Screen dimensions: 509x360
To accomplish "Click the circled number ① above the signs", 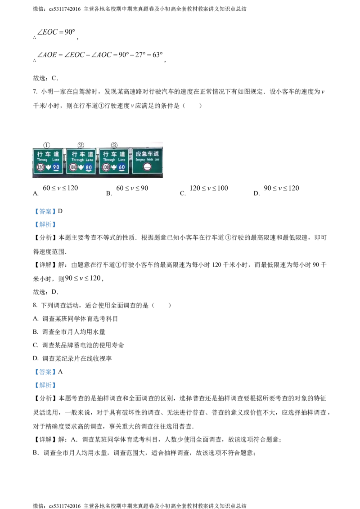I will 46,145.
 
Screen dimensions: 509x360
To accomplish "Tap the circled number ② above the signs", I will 81,145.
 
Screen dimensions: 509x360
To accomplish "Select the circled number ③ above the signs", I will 114,145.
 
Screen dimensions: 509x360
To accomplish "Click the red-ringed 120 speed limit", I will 40,167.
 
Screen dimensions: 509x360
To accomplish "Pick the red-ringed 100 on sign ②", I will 73,167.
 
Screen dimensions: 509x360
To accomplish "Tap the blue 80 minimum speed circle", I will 89,167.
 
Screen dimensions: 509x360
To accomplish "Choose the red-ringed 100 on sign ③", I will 106,167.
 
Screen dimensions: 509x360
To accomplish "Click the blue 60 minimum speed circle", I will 121,167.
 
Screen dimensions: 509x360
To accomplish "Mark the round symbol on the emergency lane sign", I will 147,166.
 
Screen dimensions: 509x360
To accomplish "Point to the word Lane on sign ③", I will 121,160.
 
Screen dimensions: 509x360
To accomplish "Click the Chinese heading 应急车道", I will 147,154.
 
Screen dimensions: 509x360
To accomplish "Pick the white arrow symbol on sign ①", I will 48,167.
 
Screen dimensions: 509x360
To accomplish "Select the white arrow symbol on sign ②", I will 81,167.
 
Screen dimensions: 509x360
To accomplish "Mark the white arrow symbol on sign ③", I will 114,167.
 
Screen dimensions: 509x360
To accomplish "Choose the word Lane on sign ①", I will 56,160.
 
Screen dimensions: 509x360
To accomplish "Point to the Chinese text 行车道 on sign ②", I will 81,154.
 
